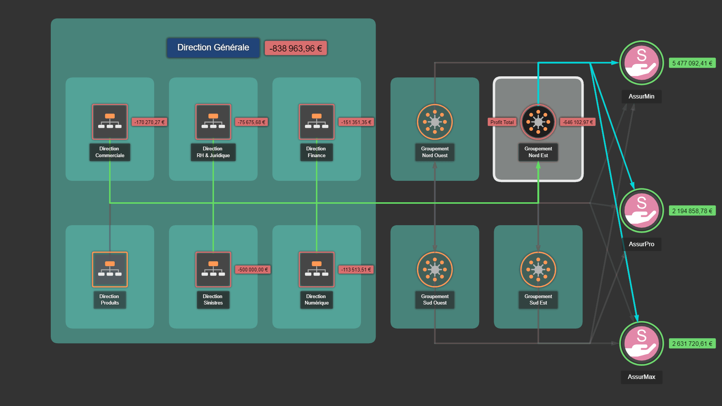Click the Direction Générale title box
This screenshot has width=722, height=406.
[213, 48]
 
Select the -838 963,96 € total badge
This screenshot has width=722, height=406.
[296, 48]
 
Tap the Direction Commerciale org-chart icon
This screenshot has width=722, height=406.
[110, 122]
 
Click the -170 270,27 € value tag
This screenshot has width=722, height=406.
[149, 122]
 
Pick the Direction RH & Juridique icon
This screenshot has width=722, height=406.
[213, 122]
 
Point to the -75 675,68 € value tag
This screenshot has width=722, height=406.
[251, 122]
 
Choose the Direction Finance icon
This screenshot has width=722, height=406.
[317, 122]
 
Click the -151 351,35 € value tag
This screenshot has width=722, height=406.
[356, 122]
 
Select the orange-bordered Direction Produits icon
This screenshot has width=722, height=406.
[110, 269]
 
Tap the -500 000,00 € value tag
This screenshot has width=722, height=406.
[253, 270]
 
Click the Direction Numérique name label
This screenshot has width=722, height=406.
[316, 300]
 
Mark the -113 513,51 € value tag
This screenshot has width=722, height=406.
[356, 270]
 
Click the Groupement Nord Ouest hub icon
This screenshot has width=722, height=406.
[435, 122]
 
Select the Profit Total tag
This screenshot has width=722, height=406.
[502, 122]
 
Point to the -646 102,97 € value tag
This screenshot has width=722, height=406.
[578, 122]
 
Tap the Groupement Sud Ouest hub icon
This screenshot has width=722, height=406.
[435, 269]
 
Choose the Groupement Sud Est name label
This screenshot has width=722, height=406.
[538, 300]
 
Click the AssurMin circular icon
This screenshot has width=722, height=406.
[642, 63]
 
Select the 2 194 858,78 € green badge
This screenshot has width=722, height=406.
[692, 211]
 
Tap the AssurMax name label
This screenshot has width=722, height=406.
[641, 377]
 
